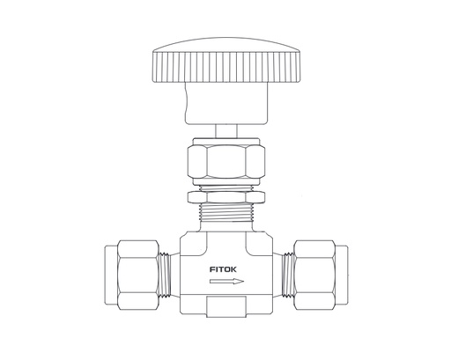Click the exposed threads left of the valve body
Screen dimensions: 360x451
pos(167,265)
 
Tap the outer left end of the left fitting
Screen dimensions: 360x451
pos(113,265)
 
